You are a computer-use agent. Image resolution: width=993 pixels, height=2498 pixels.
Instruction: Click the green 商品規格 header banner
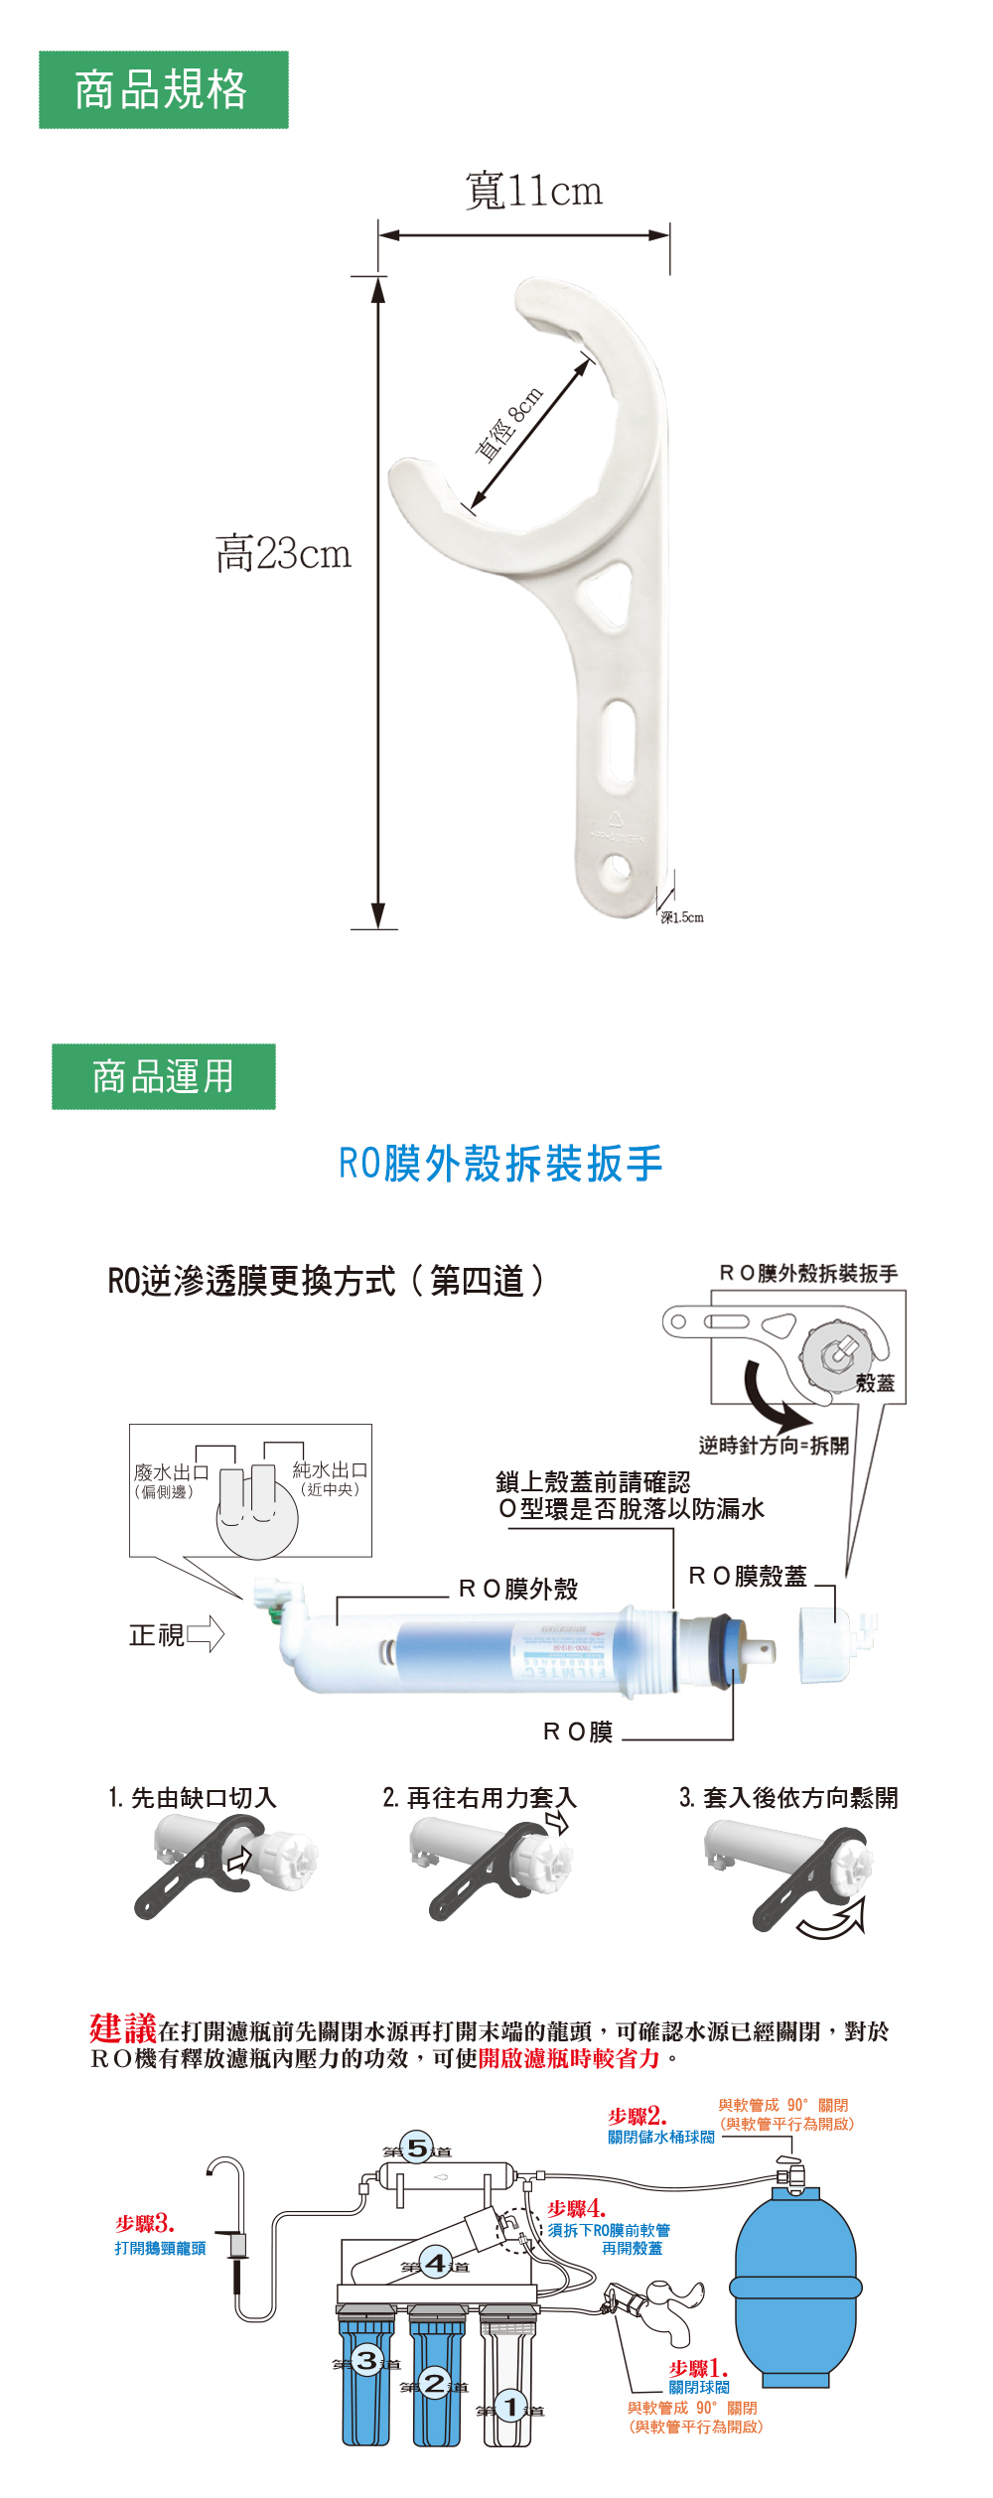pos(164,90)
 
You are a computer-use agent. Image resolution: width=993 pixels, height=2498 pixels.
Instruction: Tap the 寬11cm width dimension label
pos(533,191)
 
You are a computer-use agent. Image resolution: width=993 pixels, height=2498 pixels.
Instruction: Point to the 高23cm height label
pos(283,553)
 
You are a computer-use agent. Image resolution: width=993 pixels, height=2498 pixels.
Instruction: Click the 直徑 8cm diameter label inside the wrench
pos(509,425)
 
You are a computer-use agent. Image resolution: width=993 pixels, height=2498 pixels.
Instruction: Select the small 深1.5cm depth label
pos(682,916)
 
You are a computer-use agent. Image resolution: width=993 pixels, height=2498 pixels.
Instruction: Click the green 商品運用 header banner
pos(164,1076)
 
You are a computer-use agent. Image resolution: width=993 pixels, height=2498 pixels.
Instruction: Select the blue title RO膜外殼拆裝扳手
pos(500,1164)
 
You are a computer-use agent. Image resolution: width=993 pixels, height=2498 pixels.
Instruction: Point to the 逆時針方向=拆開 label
pos(773,1445)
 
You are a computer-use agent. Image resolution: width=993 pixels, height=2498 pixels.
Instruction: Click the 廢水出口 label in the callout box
pos(171,1471)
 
